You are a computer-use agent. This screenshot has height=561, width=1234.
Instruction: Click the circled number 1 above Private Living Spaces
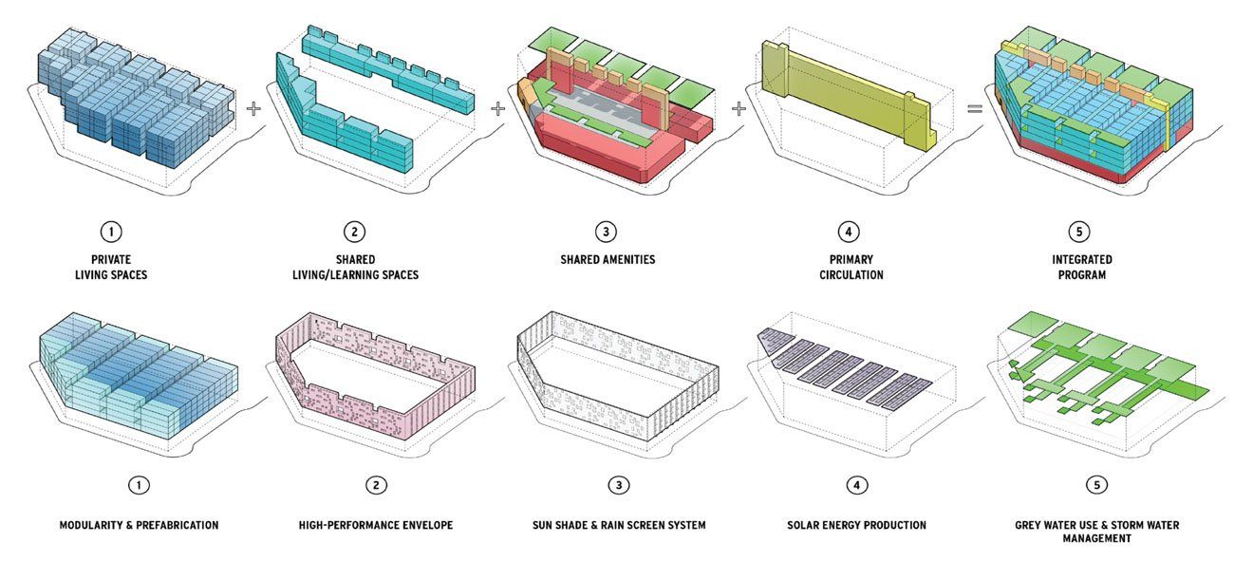tap(111, 232)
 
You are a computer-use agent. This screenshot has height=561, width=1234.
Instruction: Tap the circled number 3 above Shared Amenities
tap(606, 232)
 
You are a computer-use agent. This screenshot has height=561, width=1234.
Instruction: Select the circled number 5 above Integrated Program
tap(1079, 232)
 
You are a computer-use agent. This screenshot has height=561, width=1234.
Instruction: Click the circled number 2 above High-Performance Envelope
tap(376, 485)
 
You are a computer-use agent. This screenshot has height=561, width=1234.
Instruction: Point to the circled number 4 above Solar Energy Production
tap(856, 485)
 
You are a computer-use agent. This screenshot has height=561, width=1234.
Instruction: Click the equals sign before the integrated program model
tap(975, 109)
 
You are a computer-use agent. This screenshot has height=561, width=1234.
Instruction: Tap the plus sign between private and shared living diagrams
tap(253, 108)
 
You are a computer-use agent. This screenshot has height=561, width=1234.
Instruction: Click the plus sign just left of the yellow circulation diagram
tap(739, 108)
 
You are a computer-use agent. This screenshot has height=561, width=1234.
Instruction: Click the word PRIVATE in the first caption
tap(111, 259)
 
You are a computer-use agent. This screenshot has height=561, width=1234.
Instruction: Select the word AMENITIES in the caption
tap(627, 259)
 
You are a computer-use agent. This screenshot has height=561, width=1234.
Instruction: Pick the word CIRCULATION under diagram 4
tap(851, 275)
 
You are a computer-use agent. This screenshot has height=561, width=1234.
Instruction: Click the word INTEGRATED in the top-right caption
tap(1082, 259)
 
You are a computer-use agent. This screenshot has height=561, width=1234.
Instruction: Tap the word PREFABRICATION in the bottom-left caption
tap(178, 525)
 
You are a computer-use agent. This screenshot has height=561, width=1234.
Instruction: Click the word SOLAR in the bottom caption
tap(803, 525)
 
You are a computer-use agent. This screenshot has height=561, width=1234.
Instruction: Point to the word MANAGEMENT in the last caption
tap(1096, 538)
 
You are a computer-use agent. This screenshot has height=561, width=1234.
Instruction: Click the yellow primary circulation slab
tap(849, 94)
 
